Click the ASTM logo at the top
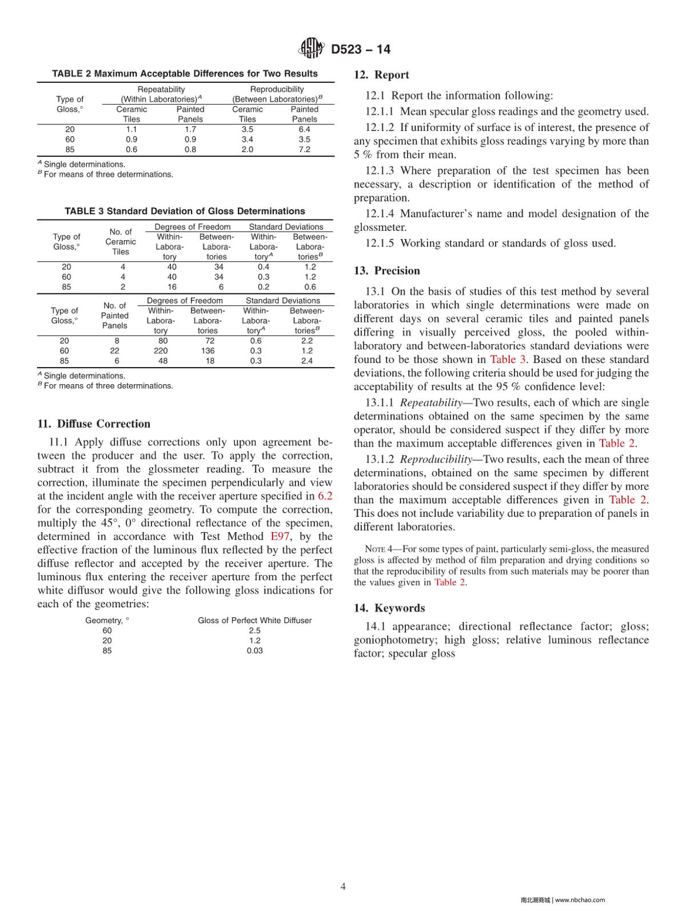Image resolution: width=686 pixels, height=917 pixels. click(x=312, y=49)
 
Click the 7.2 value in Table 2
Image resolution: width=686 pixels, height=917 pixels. click(x=304, y=150)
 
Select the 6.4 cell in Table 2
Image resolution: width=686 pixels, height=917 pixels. click(x=304, y=130)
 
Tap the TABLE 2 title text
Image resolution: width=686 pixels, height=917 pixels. click(x=185, y=74)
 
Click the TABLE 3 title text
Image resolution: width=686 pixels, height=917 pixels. click(x=185, y=212)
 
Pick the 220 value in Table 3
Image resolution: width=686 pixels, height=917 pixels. click(x=161, y=351)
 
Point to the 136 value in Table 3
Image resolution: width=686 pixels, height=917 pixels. click(x=208, y=351)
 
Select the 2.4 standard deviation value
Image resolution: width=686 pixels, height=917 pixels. click(x=307, y=361)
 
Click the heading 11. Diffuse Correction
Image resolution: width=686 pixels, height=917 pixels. click(x=94, y=424)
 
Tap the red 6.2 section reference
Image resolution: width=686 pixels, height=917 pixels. click(x=325, y=496)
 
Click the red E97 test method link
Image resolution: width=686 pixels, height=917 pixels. click(x=280, y=537)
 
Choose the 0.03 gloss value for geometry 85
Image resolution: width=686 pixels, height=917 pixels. click(x=254, y=651)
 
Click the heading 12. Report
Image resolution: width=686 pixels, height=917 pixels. click(x=381, y=75)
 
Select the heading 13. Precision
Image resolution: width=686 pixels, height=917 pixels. click(x=386, y=271)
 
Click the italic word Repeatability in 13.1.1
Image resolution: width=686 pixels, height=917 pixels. click(x=430, y=403)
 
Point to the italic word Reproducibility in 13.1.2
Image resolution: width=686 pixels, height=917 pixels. click(x=436, y=460)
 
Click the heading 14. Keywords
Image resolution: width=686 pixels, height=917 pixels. click(x=389, y=608)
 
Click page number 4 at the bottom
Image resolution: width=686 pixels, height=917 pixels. click(x=343, y=887)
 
